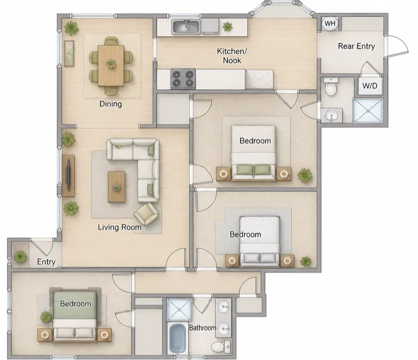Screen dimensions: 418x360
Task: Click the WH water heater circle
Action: click(330, 23)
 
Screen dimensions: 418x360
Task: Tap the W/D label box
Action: click(369, 86)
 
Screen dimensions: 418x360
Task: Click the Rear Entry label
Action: click(356, 46)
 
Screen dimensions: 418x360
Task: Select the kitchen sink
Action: click(186, 26)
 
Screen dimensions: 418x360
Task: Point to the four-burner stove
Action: click(183, 78)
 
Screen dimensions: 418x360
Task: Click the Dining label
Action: click(110, 103)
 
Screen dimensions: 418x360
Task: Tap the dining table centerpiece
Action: click(111, 63)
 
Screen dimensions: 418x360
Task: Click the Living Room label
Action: click(119, 227)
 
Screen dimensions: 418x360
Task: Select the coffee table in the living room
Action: click(116, 186)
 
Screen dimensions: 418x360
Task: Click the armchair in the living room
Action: click(146, 213)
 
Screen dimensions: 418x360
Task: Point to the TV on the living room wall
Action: click(68, 175)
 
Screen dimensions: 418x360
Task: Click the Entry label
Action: click(46, 262)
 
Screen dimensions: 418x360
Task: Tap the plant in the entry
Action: click(20, 257)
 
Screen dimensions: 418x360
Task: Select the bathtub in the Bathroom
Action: click(177, 338)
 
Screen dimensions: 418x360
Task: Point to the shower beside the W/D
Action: click(368, 110)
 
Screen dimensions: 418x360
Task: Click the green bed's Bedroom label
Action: click(75, 303)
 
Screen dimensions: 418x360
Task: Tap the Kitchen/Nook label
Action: click(232, 55)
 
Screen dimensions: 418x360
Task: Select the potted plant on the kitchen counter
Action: click(227, 26)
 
